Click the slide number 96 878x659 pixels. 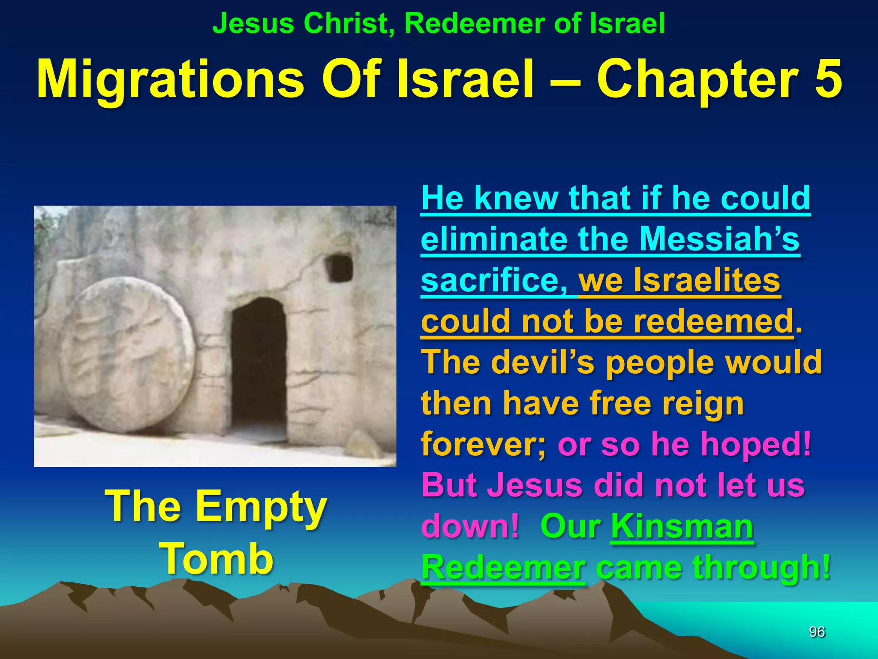(817, 632)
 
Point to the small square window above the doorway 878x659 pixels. (340, 268)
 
